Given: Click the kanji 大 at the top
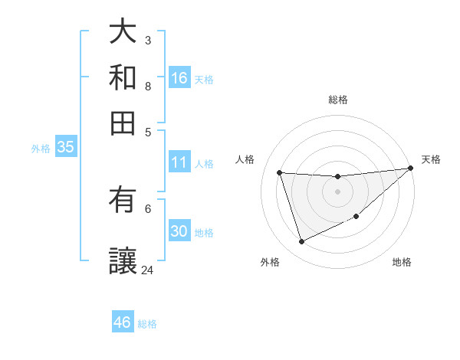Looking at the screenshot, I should [x=123, y=32].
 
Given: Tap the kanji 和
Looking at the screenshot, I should [x=123, y=77].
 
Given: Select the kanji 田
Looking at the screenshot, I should [x=123, y=122].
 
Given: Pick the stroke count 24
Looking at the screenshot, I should [x=147, y=270].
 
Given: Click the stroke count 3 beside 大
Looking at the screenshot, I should [x=148, y=40].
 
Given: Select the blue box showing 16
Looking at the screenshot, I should [x=179, y=77].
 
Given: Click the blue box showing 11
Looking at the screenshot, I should [x=179, y=162].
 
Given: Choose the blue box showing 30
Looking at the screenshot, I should [x=179, y=231].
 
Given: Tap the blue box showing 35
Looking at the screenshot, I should [x=65, y=147].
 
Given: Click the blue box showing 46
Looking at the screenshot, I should [x=123, y=322].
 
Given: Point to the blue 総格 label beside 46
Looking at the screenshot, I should [x=147, y=324].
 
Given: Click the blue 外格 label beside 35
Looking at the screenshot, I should [x=41, y=149].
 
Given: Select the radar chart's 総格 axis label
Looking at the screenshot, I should [x=338, y=100].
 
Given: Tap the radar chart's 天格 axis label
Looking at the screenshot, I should [x=431, y=159].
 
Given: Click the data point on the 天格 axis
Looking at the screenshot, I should [x=410, y=169].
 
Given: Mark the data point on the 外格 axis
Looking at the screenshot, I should [x=301, y=242].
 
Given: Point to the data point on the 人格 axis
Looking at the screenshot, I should [x=280, y=172].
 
